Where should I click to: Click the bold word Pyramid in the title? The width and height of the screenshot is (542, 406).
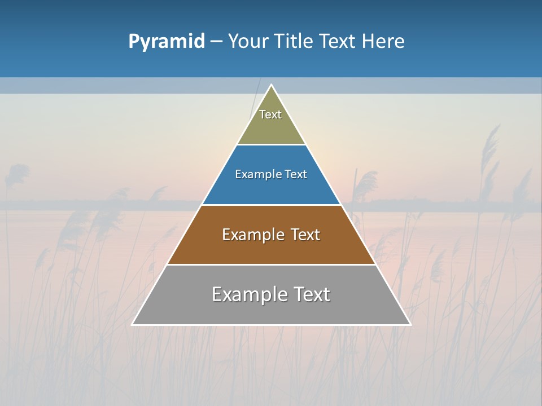coord(167,42)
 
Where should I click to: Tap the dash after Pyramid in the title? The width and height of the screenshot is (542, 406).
coord(216,42)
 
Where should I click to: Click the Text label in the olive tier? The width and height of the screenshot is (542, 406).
coord(270,114)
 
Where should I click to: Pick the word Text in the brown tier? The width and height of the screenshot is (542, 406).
coord(305,235)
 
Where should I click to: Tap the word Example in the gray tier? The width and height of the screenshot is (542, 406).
coord(249,294)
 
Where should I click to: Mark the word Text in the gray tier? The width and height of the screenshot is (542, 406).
coord(311,294)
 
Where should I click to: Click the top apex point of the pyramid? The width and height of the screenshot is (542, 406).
coord(272,86)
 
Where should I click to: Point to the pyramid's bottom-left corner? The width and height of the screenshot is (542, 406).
coord(133,324)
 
